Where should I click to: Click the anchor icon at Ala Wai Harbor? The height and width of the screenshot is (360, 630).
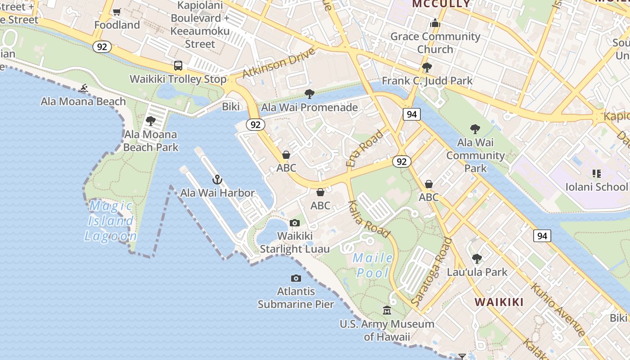[x=217, y=180]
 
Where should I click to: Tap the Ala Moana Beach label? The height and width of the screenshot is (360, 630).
[x=83, y=101]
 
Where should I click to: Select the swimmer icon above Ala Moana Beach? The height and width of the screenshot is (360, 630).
[x=83, y=88]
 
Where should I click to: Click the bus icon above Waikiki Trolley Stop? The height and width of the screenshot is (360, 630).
[x=178, y=66]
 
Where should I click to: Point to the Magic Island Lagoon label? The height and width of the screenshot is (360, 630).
[x=111, y=221]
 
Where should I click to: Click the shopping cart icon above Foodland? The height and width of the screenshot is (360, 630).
[x=117, y=12]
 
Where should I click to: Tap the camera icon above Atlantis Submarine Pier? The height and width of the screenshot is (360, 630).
[x=296, y=278]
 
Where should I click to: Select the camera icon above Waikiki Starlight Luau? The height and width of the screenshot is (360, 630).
[x=295, y=223]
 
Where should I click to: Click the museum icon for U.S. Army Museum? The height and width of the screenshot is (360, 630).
[x=387, y=310]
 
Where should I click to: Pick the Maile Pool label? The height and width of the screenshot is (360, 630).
[x=373, y=265]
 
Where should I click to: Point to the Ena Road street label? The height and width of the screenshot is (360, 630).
[x=365, y=148]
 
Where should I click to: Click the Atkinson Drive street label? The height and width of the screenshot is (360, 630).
[x=279, y=63]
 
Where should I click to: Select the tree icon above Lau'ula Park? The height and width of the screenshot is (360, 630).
[x=477, y=259]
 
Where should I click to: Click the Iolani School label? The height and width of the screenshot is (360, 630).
[x=596, y=187]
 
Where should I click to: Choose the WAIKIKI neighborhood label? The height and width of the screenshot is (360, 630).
[x=499, y=302]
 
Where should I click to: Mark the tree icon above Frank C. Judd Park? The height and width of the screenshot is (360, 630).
[x=427, y=67]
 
